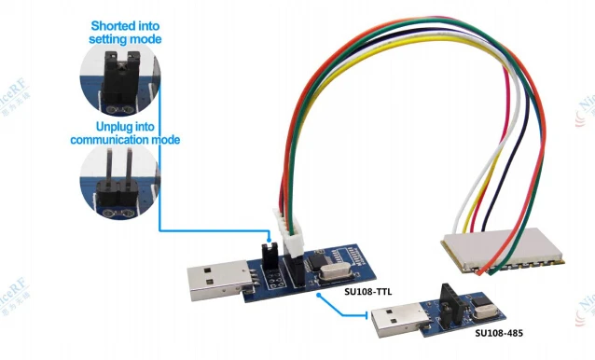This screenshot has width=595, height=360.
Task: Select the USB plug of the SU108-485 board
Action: click(x=392, y=323)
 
